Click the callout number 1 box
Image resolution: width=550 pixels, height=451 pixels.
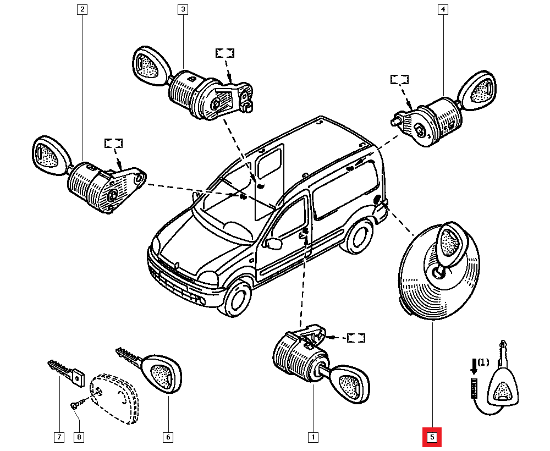(313, 438)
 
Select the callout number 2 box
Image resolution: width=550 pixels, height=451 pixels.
(82, 9)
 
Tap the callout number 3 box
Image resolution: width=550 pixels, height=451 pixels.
(182, 9)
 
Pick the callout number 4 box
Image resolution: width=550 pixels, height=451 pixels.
(443, 9)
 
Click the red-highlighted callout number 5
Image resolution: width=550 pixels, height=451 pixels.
(432, 438)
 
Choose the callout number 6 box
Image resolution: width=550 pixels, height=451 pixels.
(168, 438)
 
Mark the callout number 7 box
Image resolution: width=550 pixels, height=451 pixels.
(58, 438)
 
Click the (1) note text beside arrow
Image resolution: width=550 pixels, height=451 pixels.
(482, 362)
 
